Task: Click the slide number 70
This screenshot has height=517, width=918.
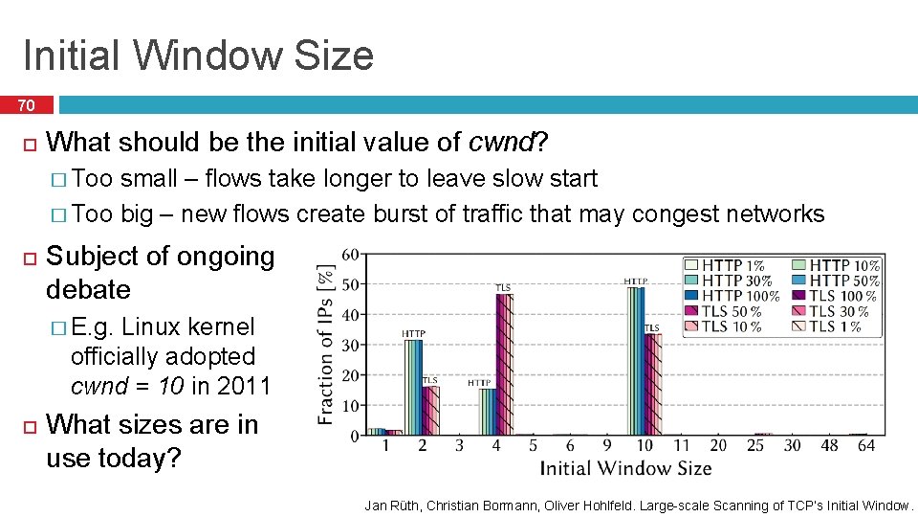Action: pyautogui.click(x=26, y=105)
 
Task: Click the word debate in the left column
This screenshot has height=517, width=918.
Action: pyautogui.click(x=88, y=289)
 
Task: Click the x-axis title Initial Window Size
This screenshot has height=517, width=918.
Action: pyautogui.click(x=625, y=468)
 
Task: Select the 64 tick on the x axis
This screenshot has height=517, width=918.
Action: pyautogui.click(x=866, y=446)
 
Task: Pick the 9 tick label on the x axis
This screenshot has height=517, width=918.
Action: pyautogui.click(x=607, y=446)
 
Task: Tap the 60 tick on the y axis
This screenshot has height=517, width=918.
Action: pyautogui.click(x=350, y=254)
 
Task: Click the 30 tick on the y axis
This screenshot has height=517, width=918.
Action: pyautogui.click(x=350, y=345)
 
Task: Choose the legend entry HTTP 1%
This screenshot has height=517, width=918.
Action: pyautogui.click(x=732, y=265)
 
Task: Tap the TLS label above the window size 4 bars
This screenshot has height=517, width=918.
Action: pyautogui.click(x=502, y=286)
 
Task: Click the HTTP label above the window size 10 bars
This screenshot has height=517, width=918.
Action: pyautogui.click(x=635, y=281)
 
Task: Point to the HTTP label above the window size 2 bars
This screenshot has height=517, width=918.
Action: pyautogui.click(x=413, y=333)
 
